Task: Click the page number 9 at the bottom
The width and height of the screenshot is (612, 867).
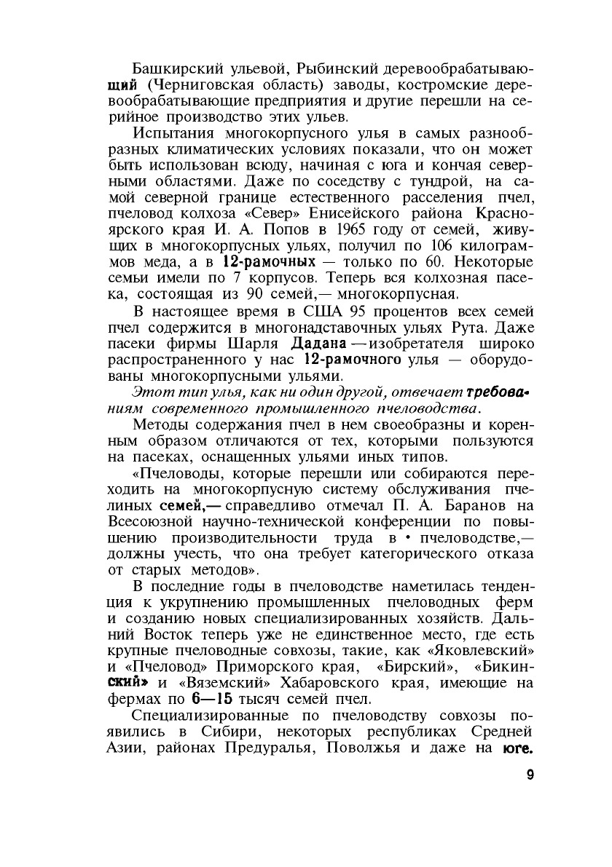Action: [x=530, y=775]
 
